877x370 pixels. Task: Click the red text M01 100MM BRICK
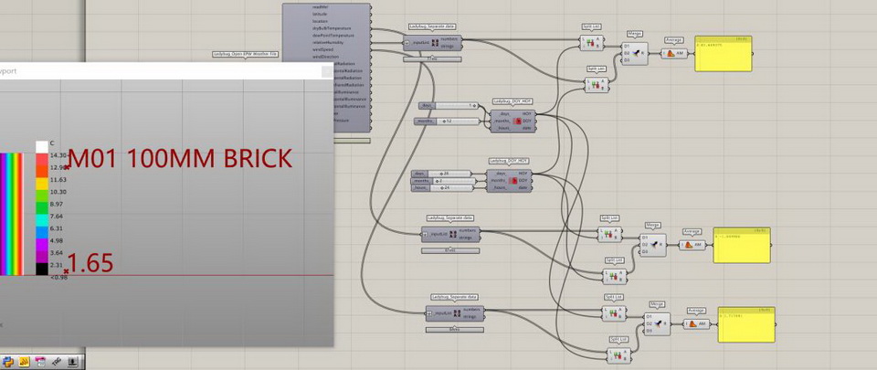181,158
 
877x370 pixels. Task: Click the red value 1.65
91,264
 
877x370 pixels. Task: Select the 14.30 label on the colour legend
58,155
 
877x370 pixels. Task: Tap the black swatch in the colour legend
42,266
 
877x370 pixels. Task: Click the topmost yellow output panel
723,55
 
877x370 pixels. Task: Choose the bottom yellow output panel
745,324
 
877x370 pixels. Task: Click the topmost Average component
674,53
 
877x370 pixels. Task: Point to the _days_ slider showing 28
446,173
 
